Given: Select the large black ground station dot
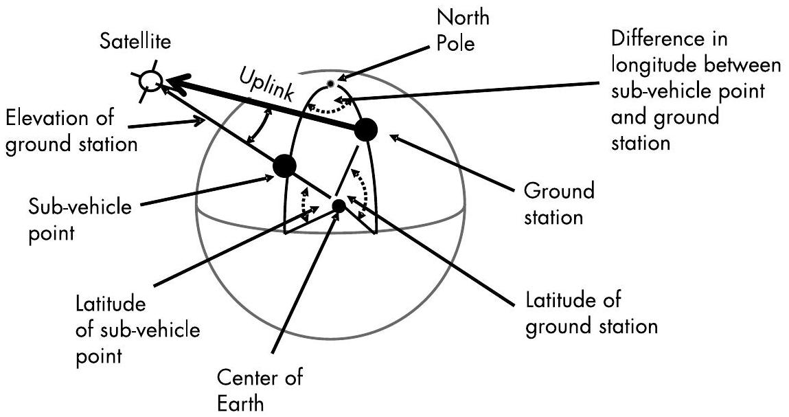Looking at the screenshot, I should pos(365,129).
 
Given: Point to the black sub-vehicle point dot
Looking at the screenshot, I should pos(284,166).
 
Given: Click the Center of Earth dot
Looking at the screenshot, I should pos(339,205).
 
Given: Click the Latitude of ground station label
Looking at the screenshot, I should pos(591,313).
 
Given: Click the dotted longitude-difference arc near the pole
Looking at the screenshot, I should pos(332,109).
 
